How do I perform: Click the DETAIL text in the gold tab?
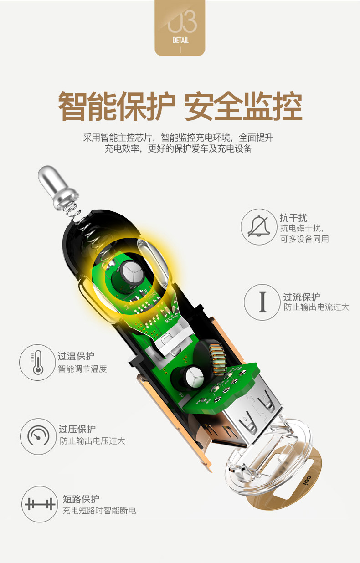180,41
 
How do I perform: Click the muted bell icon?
258,226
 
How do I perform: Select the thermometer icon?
37,363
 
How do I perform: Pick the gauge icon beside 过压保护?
38,436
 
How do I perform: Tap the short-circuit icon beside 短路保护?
40,505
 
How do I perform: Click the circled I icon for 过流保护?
262,302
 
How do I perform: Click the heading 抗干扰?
293,218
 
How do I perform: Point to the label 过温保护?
77,356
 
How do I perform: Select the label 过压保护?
77,429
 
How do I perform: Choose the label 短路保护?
81,499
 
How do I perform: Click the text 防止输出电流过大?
316,307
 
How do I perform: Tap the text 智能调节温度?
82,369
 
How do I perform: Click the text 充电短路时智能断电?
99,511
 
